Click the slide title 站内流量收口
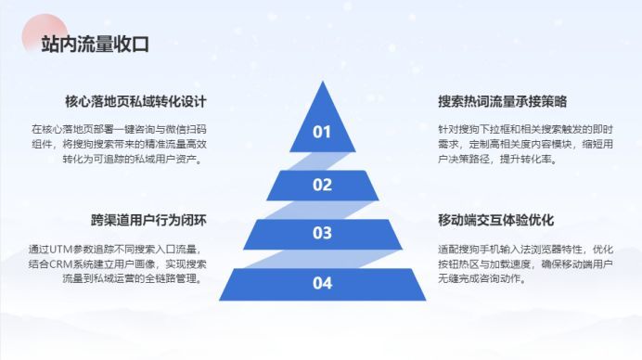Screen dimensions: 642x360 pyautogui.click(x=95, y=44)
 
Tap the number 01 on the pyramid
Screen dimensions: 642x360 pyautogui.click(x=322, y=132)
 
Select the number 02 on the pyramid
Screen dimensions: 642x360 pyautogui.click(x=322, y=185)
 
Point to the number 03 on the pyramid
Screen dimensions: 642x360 pyautogui.click(x=322, y=233)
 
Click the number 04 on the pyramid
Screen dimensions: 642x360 pyautogui.click(x=322, y=283)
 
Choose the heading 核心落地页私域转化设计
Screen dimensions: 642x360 pyautogui.click(x=135, y=101)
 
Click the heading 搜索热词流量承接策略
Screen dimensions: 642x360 pyautogui.click(x=503, y=101)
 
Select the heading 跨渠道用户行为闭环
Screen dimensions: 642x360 pyautogui.click(x=148, y=220)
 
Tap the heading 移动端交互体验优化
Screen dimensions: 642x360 pyautogui.click(x=495, y=220)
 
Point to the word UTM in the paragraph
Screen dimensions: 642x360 pyautogui.click(x=60, y=249)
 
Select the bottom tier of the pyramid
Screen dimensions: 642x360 pyautogui.click(x=323, y=285)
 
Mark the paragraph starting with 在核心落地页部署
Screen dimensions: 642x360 pyautogui.click(x=119, y=144)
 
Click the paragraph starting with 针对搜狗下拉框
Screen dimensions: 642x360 pyautogui.click(x=525, y=144)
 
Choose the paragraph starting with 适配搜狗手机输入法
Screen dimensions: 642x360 pyautogui.click(x=525, y=264)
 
